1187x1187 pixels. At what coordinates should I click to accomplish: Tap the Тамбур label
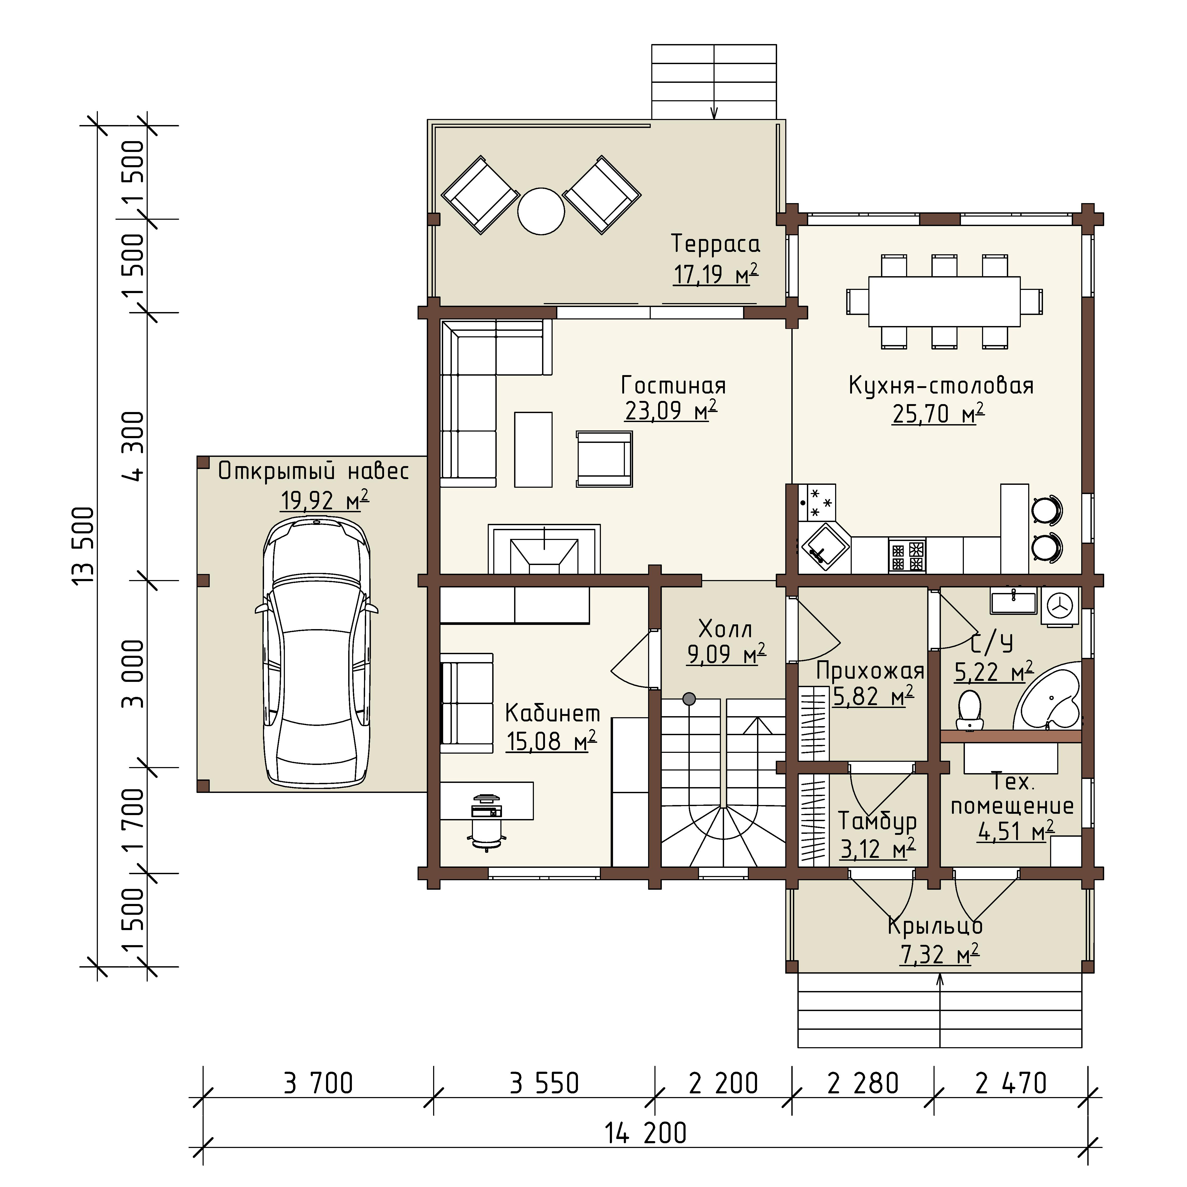(x=877, y=821)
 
